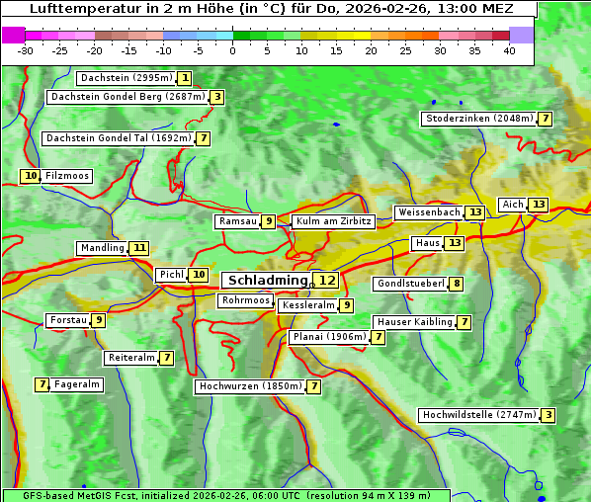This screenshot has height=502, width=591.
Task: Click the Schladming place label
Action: pyautogui.click(x=268, y=281)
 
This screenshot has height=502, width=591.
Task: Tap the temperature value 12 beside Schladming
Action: pyautogui.click(x=327, y=281)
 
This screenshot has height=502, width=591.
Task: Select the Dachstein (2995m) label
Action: pyautogui.click(x=126, y=78)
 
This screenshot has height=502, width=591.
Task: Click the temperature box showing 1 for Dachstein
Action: pyautogui.click(x=185, y=78)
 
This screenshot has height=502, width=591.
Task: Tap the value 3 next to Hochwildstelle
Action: pyautogui.click(x=548, y=415)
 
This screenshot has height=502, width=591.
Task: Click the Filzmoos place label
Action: pyautogui.click(x=67, y=176)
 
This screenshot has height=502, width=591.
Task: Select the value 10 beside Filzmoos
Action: pyautogui.click(x=31, y=176)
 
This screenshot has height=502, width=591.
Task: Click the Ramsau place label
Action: pyautogui.click(x=237, y=221)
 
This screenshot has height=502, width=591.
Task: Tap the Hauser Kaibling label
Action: pyautogui.click(x=414, y=322)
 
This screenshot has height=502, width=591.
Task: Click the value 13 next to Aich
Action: pyautogui.click(x=538, y=205)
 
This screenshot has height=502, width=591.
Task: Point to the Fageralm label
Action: pyautogui.click(x=77, y=384)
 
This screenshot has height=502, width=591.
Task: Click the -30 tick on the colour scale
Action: pyautogui.click(x=26, y=50)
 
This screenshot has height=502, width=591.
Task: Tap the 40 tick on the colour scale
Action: pyautogui.click(x=509, y=50)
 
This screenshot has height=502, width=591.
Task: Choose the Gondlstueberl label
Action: pyautogui.click(x=409, y=285)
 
